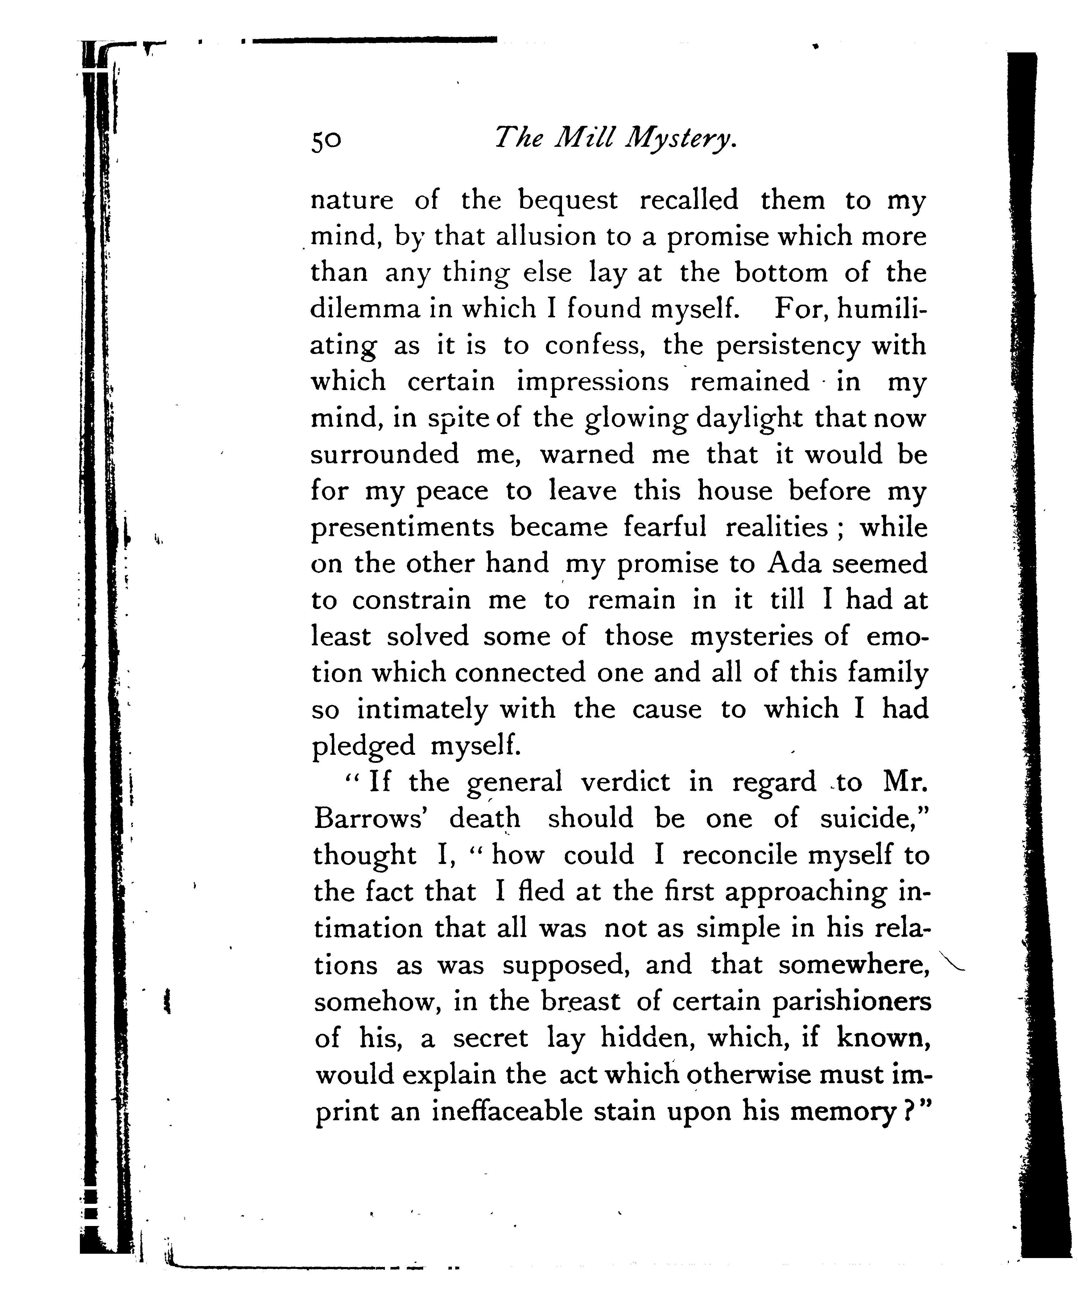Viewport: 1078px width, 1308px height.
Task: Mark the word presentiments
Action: pyautogui.click(x=403, y=528)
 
